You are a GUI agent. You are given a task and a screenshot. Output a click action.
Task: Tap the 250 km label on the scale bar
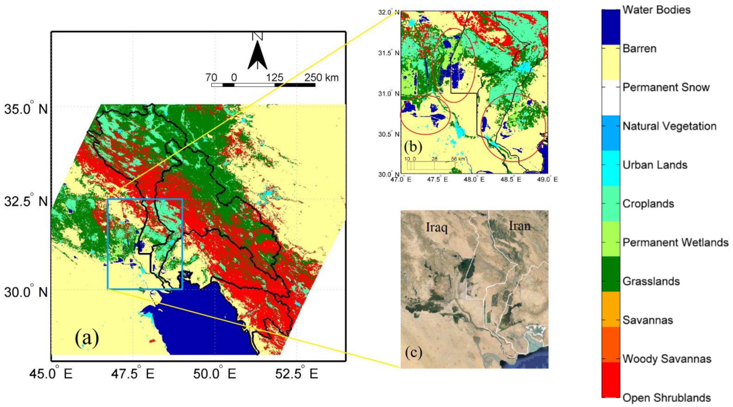tap(321, 78)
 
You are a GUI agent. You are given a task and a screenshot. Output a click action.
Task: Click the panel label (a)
tap(87, 338)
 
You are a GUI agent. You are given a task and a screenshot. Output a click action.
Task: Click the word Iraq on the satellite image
tap(437, 228)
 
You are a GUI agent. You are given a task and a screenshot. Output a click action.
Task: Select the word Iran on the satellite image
tap(520, 226)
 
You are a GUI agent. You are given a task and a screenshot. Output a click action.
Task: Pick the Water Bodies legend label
tap(656, 10)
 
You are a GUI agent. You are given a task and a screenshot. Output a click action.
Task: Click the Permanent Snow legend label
tap(666, 87)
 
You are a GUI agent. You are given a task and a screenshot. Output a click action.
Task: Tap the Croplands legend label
tap(648, 204)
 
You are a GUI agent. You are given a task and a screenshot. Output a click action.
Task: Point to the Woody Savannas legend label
tap(667, 359)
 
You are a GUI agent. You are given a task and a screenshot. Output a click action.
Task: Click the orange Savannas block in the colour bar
tap(610, 309)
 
